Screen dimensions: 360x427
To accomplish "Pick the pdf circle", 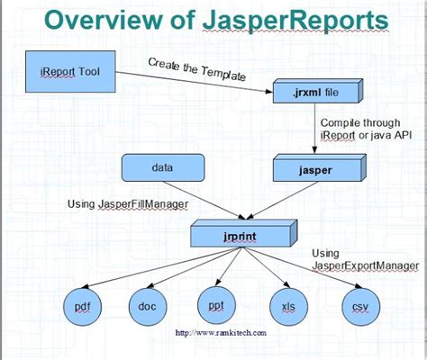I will (82, 306).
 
